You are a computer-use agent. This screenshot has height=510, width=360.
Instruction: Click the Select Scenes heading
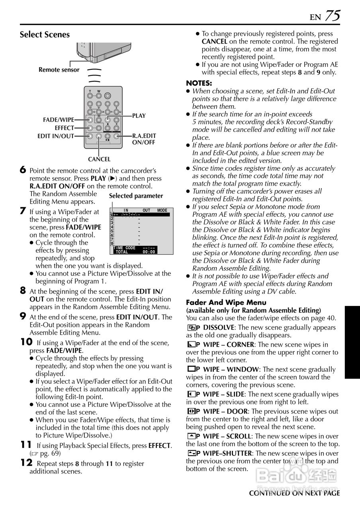pos(45,35)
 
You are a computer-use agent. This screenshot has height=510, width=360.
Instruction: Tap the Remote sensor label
pos(59,70)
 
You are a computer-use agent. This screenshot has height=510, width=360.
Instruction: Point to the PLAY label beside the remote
pos(139,116)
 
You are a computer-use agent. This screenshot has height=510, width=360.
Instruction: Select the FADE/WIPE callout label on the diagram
pos(59,120)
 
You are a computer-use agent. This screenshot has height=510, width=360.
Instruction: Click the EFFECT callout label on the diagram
pos(64,128)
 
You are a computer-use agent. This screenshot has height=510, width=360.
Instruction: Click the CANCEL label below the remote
pos(99,159)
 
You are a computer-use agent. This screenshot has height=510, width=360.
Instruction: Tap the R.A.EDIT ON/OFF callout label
pos(144,139)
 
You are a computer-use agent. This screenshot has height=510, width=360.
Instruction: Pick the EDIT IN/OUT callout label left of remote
pos(56,136)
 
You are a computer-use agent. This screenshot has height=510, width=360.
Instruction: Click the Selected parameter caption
pos(136,196)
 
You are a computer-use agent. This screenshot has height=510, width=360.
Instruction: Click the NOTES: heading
pos(199,83)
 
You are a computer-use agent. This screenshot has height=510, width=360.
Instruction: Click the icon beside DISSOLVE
pos(191,328)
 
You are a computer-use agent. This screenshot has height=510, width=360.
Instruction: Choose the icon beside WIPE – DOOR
pos(191,411)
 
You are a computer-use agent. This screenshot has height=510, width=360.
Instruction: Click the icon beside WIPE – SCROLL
pos(191,436)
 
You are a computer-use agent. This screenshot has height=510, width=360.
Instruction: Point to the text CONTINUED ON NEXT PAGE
pos(294,493)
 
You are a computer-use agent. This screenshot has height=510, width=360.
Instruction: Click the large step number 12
pos(26,463)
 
